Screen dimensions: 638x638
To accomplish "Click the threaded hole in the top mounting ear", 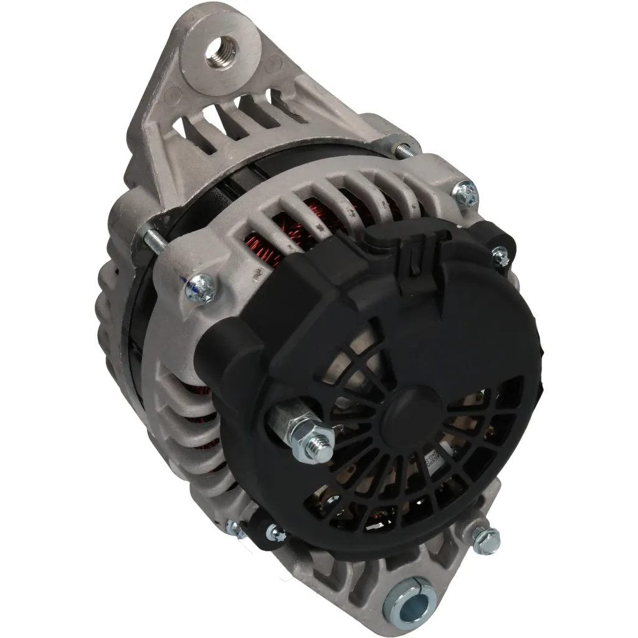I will pyautogui.click(x=222, y=49).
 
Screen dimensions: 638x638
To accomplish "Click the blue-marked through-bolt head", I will pyautogui.click(x=201, y=286).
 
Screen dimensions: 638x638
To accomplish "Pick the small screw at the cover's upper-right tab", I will pyautogui.click(x=500, y=254).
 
